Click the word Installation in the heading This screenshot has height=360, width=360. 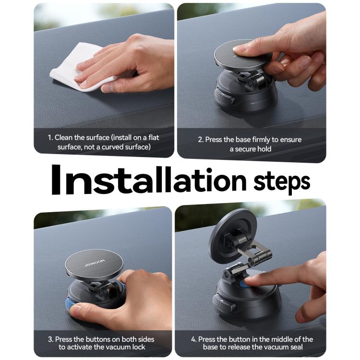coord(149,180)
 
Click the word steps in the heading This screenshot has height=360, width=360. coord(282,182)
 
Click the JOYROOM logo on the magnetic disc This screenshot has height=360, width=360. coord(95,263)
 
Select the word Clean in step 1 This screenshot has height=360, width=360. coord(63,138)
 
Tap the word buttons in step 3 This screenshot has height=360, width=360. coord(101,339)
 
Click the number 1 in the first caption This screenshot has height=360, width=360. coord(49,138)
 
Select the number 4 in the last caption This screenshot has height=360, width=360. coord(193,339)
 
